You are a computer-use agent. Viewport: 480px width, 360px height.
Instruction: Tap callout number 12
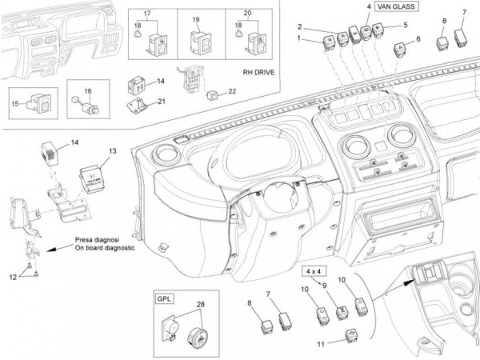12,277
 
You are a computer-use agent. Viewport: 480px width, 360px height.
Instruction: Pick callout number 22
233,90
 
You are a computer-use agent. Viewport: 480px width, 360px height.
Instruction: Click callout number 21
162,101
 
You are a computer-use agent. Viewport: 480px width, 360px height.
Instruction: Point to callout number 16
88,92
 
